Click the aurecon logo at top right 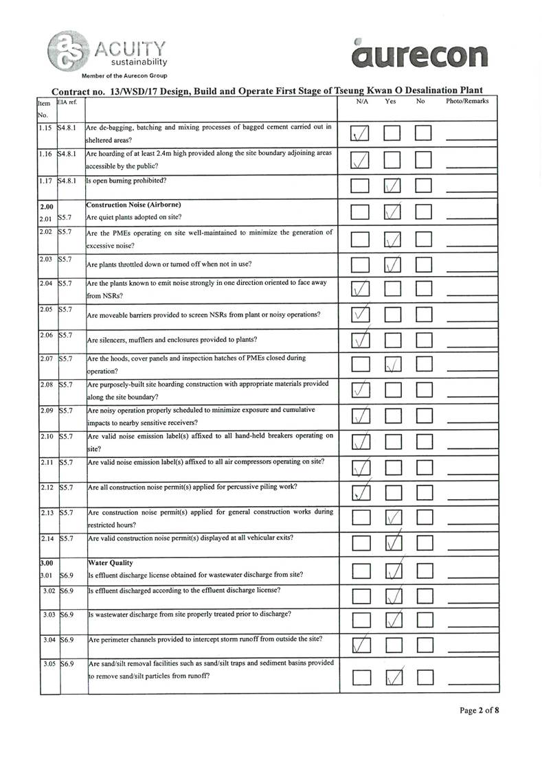419,54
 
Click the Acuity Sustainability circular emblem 69,51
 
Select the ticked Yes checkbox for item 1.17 393,186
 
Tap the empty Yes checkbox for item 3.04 393,645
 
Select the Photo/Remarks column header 467,102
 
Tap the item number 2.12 47,487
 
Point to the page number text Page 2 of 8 479,710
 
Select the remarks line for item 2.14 472,549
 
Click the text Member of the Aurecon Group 124,76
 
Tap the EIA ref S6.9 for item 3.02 67,591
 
